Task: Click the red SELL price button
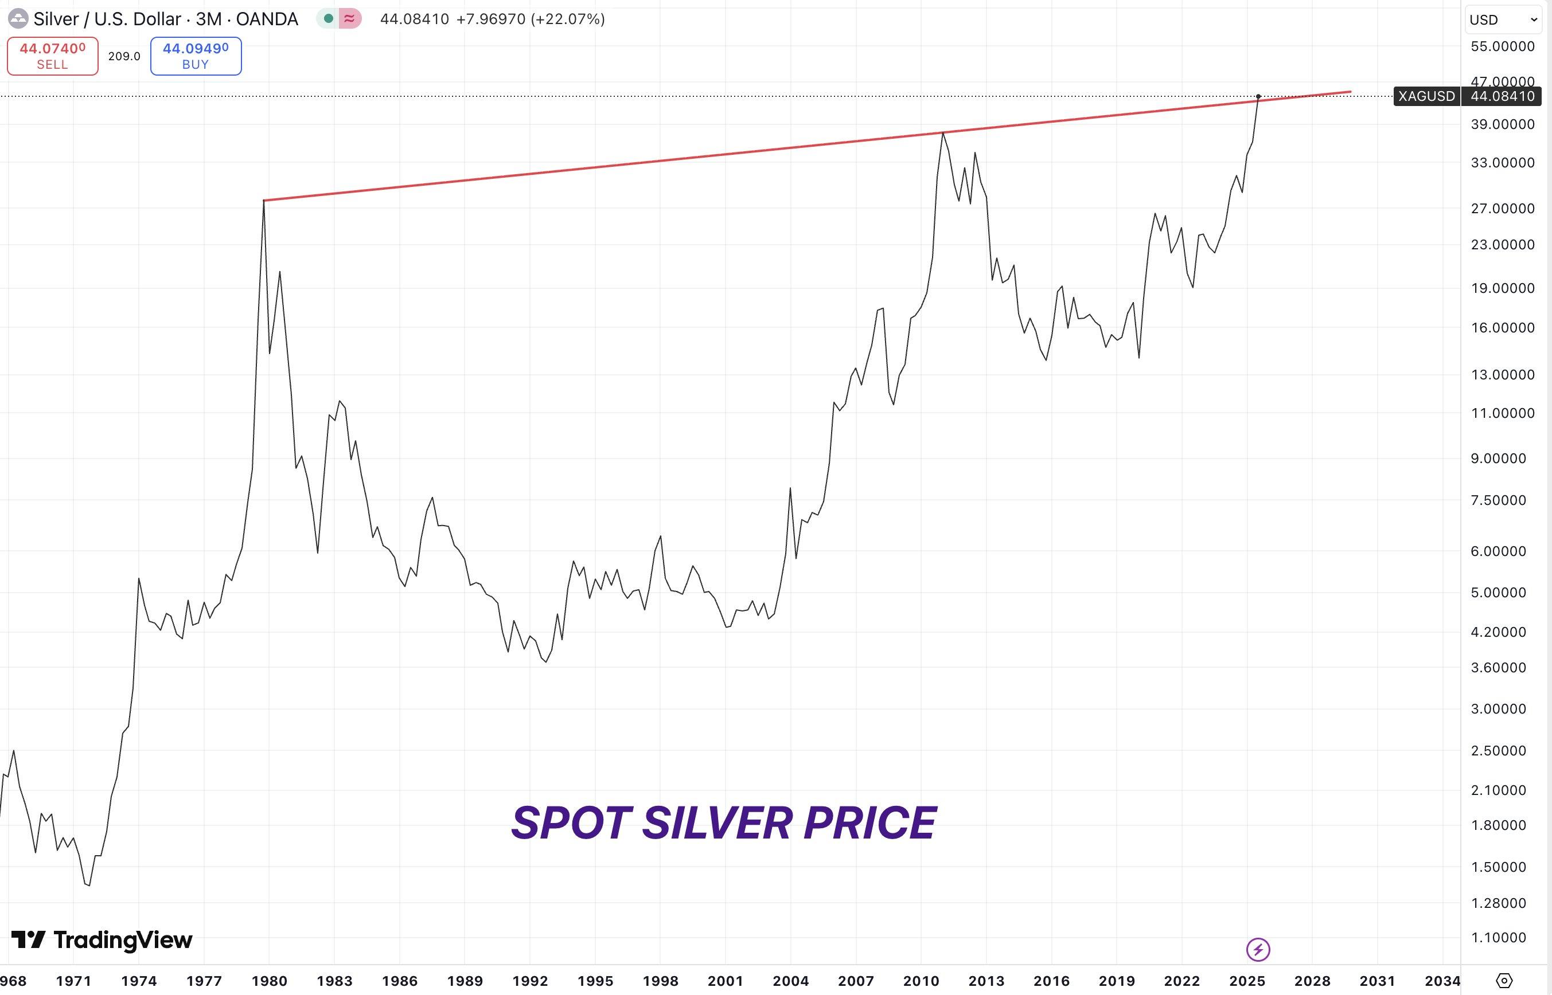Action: point(52,56)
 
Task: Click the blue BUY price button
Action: point(195,56)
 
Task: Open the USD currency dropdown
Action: point(1503,19)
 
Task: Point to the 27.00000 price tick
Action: point(1502,208)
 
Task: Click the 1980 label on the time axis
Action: point(269,981)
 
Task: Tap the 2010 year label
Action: point(921,981)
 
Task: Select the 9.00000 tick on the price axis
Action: point(1498,458)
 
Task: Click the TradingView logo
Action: point(102,939)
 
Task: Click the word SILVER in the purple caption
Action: point(717,823)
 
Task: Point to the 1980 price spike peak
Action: point(264,201)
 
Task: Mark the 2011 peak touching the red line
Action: point(943,132)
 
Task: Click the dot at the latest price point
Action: point(1258,96)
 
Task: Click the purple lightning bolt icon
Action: point(1258,949)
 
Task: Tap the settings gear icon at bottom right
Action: point(1504,980)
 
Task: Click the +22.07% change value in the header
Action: point(568,19)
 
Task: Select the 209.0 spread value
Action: point(124,56)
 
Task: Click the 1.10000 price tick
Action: point(1498,937)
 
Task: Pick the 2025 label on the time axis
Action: point(1246,981)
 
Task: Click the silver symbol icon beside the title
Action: point(17,19)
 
